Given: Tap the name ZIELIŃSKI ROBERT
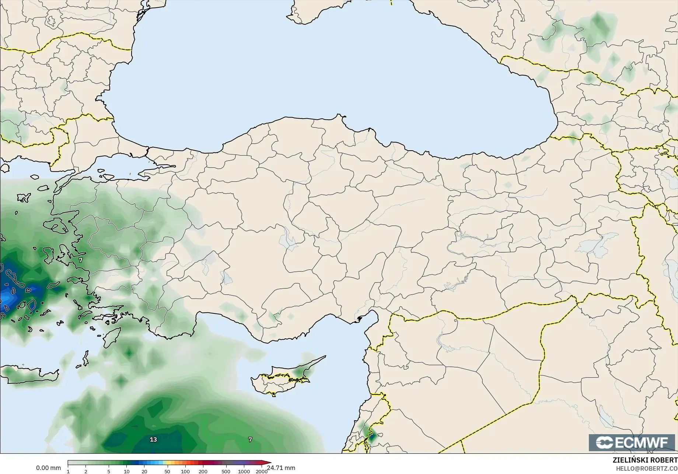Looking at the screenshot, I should pyautogui.click(x=645, y=460).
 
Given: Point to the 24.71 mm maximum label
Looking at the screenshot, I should pyautogui.click(x=281, y=468).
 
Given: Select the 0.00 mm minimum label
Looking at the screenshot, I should pyautogui.click(x=48, y=468).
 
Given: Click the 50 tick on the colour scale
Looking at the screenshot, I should pyautogui.click(x=167, y=471).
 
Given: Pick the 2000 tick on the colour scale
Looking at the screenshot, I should pyautogui.click(x=262, y=471).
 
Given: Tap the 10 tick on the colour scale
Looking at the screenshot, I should pyautogui.click(x=126, y=471).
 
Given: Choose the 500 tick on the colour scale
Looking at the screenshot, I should pyautogui.click(x=226, y=471).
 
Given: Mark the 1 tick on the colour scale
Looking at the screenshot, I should pyautogui.click(x=68, y=471).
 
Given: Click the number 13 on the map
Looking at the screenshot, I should pyautogui.click(x=153, y=439).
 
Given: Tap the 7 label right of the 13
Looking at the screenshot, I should pyautogui.click(x=250, y=439).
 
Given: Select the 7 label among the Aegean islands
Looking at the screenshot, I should pyautogui.click(x=81, y=260).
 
